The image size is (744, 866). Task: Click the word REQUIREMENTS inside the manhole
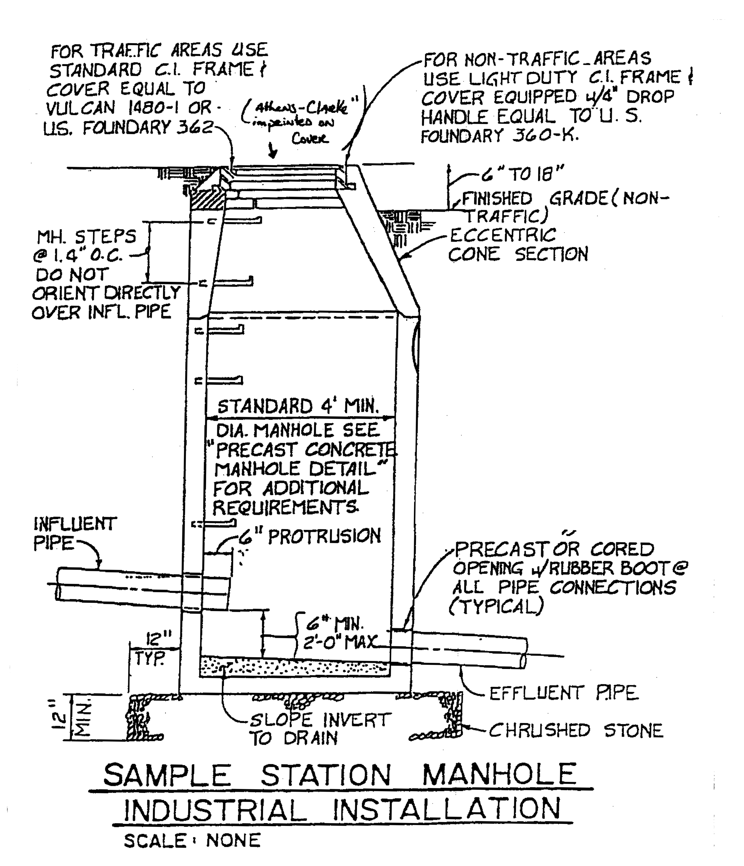click(286, 507)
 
